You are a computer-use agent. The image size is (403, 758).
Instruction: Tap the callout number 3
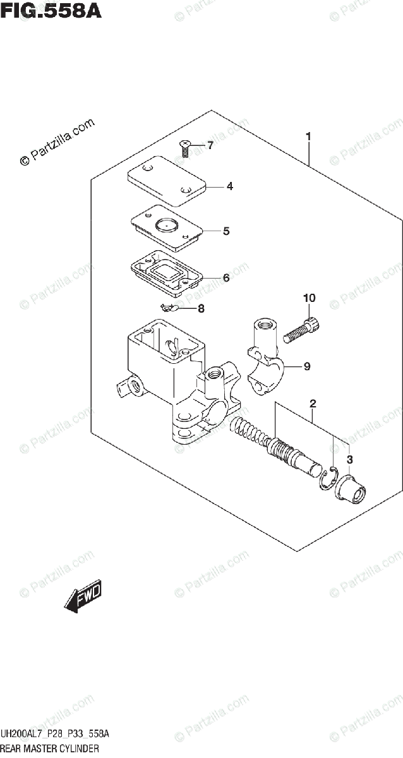350,459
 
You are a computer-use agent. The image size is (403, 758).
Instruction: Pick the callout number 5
226,231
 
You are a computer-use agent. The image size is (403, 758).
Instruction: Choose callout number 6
226,277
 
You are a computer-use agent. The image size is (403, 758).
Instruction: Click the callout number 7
210,147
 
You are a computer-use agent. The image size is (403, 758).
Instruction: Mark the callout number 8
201,309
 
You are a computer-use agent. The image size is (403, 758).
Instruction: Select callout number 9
306,366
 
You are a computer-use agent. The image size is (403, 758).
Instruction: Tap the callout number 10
309,298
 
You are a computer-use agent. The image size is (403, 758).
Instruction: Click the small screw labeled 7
185,148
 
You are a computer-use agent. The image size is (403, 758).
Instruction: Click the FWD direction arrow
82,597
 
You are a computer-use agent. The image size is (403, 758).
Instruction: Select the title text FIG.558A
50,11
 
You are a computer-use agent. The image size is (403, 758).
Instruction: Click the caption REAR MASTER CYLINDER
51,749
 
